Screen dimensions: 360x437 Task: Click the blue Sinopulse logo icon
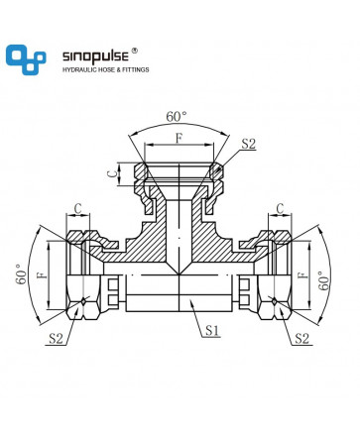click(26, 59)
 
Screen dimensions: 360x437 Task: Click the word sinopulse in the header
click(95, 56)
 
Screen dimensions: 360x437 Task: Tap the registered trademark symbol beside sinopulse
click(135, 51)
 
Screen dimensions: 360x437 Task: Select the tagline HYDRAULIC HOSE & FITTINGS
click(106, 69)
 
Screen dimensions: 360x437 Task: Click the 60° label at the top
click(177, 117)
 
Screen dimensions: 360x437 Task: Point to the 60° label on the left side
click(21, 274)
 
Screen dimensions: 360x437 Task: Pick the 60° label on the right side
click(323, 280)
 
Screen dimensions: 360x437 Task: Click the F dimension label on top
click(179, 139)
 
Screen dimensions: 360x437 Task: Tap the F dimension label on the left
click(43, 274)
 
